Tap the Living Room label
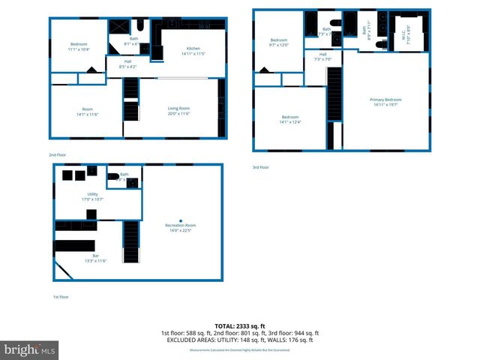pos(178,111)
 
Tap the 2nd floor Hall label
pos(127,64)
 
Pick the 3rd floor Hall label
pos(322,56)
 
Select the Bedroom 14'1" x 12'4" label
pos(291,120)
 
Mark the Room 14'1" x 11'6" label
pos(87,111)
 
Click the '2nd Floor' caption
pos(57,155)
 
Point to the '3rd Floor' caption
pos(260,167)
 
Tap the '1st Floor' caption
pos(61,297)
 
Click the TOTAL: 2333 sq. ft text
pos(240,326)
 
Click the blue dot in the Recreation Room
pos(181,220)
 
